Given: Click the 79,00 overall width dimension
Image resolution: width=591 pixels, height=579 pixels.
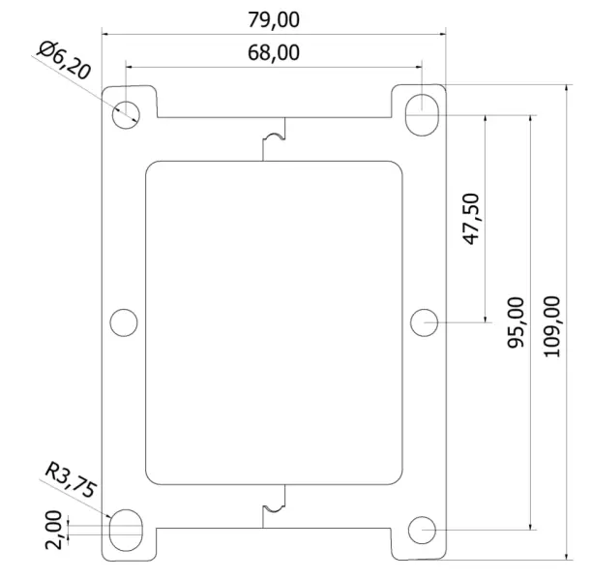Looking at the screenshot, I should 274,18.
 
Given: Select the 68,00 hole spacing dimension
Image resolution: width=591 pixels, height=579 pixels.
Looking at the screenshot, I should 274,52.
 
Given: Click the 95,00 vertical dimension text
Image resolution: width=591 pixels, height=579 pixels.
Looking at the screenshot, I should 517,322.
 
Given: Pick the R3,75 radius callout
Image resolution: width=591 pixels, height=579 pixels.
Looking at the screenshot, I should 71,480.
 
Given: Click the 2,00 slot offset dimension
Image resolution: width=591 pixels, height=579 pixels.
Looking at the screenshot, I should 54,528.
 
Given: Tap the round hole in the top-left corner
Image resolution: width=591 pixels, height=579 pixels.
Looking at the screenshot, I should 126,112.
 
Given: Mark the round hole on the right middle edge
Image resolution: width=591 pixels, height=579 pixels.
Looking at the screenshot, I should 423,321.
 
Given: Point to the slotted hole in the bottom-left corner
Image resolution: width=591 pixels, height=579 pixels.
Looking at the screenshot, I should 126,530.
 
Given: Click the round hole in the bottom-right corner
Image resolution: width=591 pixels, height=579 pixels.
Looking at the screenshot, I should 422,530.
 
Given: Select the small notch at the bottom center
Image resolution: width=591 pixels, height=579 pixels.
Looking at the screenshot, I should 276,503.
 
